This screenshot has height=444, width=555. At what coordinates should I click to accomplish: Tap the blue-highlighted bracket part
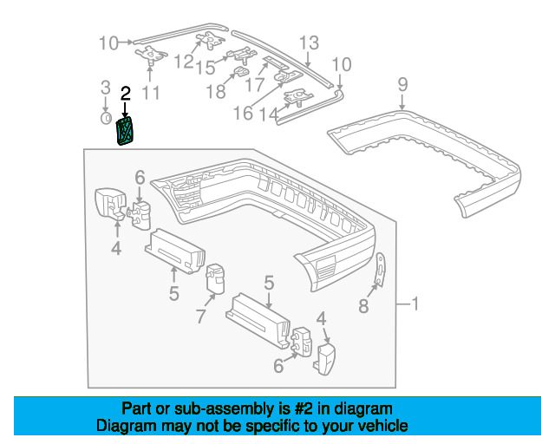click(x=127, y=133)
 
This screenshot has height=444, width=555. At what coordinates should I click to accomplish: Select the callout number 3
click(x=105, y=88)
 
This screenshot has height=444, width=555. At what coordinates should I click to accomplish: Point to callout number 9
click(x=402, y=84)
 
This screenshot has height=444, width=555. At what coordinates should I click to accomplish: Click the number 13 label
click(x=310, y=42)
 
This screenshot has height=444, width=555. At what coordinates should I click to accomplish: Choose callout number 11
click(x=151, y=91)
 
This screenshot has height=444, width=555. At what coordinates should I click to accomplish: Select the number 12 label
click(x=184, y=62)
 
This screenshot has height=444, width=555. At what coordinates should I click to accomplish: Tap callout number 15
click(x=205, y=68)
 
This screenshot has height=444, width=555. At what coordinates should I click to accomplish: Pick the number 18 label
click(x=214, y=91)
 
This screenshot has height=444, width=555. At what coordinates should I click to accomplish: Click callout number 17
click(x=254, y=85)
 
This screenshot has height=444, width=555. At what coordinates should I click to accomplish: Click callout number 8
click(x=363, y=305)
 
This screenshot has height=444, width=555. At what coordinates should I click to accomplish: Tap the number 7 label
click(x=200, y=317)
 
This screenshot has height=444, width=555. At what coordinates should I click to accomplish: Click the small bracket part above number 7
click(x=214, y=277)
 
